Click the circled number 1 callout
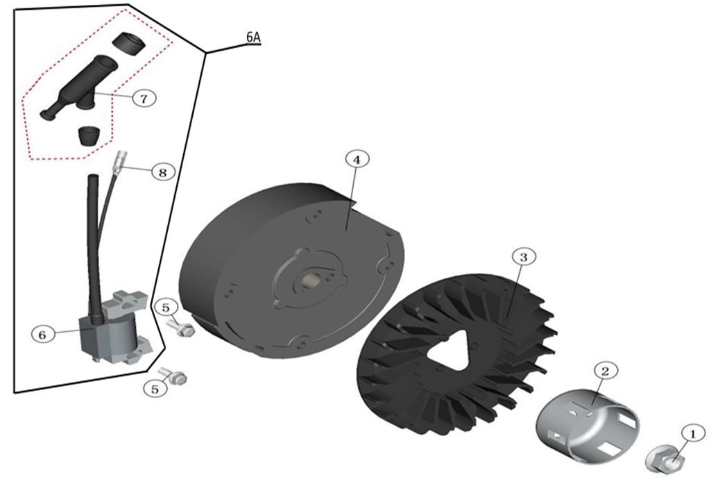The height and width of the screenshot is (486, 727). (x=693, y=433)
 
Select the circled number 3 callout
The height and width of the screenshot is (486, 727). (x=524, y=257)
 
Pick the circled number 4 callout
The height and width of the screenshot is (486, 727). (x=357, y=159)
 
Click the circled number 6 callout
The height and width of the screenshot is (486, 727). (x=42, y=334)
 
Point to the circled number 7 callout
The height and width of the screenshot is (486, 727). (x=144, y=98)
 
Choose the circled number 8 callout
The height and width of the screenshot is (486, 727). (x=163, y=172)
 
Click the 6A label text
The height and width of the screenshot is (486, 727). (x=253, y=37)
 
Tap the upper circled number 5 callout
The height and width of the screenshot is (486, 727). (x=166, y=308)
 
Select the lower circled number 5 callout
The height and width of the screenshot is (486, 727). (x=155, y=389)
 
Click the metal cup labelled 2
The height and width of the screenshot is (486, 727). (x=588, y=425)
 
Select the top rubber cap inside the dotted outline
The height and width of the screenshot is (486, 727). (x=128, y=42)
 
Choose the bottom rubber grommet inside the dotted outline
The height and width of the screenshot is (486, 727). (x=88, y=135)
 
